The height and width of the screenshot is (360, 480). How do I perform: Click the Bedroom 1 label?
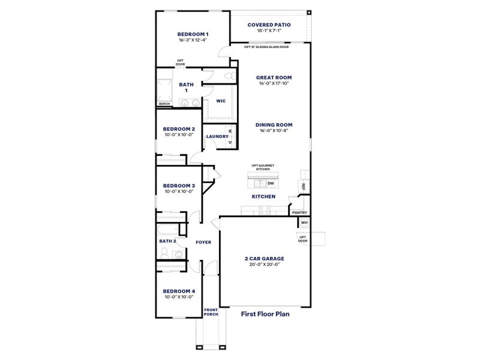point(193,34)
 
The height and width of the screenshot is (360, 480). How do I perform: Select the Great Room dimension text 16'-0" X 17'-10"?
point(274,84)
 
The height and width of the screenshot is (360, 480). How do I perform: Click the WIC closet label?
point(220,101)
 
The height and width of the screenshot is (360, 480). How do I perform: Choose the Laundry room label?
point(217,136)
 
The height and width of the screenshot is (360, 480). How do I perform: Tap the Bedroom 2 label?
point(179,129)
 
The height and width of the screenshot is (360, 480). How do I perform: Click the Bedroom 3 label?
point(179,186)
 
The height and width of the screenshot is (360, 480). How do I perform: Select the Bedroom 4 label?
point(179,291)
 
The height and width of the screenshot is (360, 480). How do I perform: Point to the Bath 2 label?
point(167,241)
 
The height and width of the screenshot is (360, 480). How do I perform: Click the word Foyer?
point(203,242)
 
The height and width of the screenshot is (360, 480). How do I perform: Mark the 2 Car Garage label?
point(264,258)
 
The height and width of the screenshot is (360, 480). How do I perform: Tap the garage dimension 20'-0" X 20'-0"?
point(264,265)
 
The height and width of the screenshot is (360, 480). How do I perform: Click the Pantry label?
point(299,212)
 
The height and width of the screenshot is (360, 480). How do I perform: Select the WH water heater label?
point(304,223)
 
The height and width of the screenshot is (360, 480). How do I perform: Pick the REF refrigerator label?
point(304,187)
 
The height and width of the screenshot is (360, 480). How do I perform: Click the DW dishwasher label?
point(271,184)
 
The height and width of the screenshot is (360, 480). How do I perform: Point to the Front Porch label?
point(211,312)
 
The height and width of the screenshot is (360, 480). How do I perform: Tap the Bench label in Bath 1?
point(164,104)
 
